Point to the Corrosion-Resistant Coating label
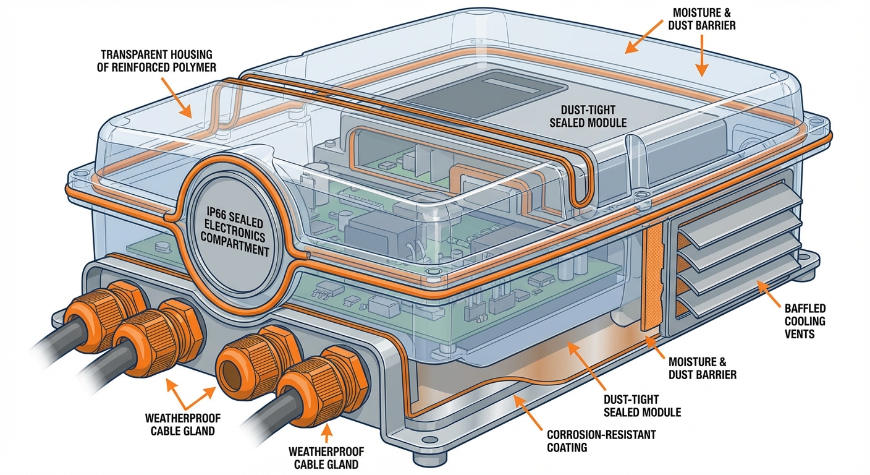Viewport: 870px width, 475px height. (x=601, y=440)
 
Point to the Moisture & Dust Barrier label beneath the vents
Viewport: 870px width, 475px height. (x=702, y=369)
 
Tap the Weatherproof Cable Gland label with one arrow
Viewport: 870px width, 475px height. (x=326, y=458)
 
